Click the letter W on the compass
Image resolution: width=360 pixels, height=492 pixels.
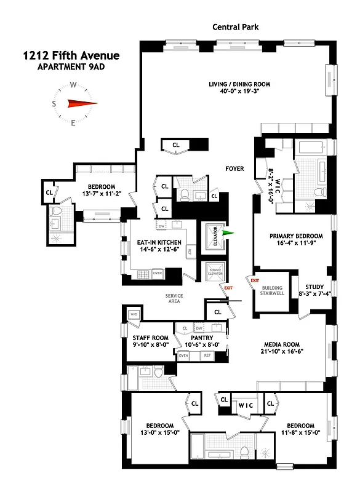tap(73, 85)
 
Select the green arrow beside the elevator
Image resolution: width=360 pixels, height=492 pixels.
tap(228, 233)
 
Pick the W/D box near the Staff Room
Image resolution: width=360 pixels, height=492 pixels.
tap(134, 314)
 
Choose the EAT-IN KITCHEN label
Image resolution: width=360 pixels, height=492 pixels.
tap(158, 243)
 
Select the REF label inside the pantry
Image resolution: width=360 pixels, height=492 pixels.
tap(207, 355)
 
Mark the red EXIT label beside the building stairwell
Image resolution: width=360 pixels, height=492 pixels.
tap(254, 280)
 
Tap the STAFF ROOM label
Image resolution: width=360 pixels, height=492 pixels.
tap(150, 338)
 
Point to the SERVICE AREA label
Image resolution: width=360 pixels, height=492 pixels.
tap(174, 299)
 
